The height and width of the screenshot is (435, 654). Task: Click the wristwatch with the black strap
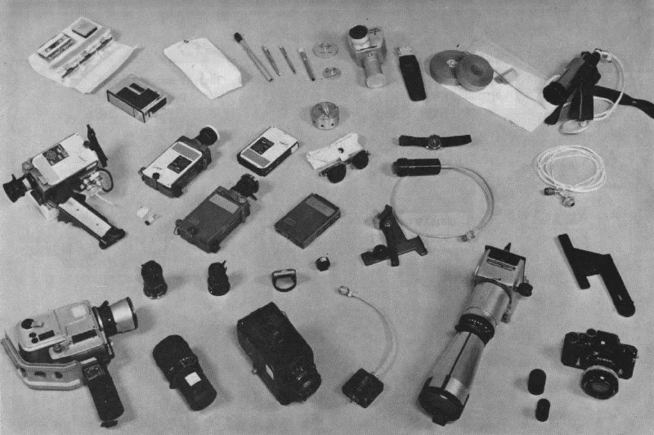click(434, 140)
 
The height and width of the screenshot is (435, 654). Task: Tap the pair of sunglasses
click(337, 159)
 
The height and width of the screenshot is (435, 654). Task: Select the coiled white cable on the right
click(570, 169)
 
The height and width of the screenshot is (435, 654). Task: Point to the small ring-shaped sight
click(282, 280)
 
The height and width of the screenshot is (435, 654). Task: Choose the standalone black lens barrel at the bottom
click(184, 371)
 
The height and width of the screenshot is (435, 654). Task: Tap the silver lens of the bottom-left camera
click(117, 317)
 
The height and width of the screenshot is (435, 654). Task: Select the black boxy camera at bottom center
click(278, 352)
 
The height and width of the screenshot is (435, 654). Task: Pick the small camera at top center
click(366, 53)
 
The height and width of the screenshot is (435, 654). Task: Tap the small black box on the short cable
click(363, 387)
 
